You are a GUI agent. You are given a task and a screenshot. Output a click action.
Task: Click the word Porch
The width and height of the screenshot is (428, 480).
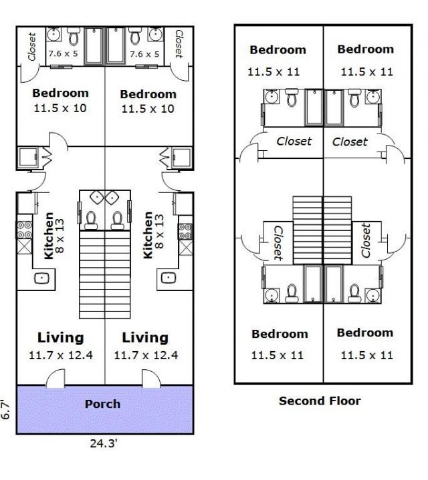pos(102,404)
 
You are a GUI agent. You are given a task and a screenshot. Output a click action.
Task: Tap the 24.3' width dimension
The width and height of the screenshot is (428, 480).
pos(104,443)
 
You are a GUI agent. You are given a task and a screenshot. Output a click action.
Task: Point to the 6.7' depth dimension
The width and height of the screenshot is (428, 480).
pos(5,410)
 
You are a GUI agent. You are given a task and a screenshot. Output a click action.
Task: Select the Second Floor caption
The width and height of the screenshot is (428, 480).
pos(320,401)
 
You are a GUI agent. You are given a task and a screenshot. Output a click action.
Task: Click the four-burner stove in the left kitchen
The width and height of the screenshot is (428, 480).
pos(24,230)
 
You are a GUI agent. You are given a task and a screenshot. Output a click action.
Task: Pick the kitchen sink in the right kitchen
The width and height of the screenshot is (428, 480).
pos(169,278)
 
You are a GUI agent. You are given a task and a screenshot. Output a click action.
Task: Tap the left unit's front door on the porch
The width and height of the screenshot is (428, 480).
pos(56,379)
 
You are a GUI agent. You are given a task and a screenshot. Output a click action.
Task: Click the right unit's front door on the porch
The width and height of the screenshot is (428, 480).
pos(151,379)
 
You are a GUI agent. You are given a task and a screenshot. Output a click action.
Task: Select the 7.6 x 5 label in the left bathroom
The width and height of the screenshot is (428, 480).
pos(63,53)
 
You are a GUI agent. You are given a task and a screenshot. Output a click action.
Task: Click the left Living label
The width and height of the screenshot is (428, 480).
pos(60,337)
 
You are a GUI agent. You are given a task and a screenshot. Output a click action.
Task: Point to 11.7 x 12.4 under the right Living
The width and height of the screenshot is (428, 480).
pos(146,355)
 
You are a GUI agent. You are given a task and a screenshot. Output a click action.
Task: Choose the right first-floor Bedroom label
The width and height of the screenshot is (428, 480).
pos(148,94)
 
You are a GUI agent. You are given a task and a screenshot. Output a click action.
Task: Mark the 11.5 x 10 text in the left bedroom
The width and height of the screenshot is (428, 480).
pos(60,108)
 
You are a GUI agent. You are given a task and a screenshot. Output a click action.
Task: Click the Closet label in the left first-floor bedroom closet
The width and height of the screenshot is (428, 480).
pos(31,47)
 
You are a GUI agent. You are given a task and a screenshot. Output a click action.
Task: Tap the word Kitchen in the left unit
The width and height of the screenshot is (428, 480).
pos(49,236)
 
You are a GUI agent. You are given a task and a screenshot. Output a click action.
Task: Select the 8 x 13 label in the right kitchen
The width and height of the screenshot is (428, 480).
pos(158,231)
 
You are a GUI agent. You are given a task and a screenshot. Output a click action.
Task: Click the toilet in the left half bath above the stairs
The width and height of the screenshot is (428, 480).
pos(91,220)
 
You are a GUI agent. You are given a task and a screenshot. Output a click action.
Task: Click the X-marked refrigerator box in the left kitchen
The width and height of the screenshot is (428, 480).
pos(25,246)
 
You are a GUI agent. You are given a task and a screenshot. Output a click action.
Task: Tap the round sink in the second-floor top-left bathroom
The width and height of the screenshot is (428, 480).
pos(271,97)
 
